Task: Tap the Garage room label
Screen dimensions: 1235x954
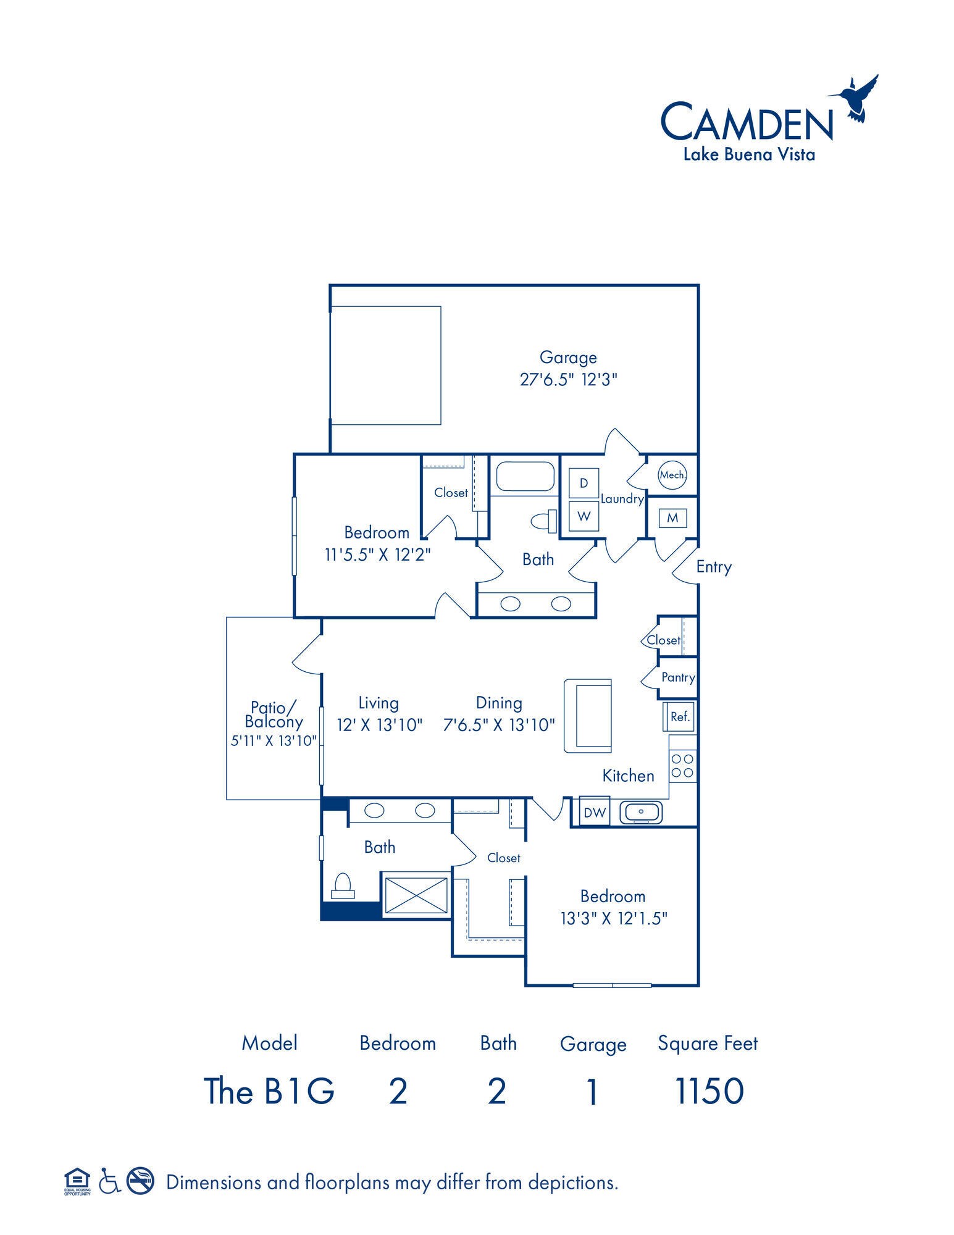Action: pyautogui.click(x=568, y=358)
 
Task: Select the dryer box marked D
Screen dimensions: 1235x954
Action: pyautogui.click(x=584, y=483)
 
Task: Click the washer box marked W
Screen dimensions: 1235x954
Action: pyautogui.click(x=584, y=516)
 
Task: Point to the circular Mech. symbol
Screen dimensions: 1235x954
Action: pyautogui.click(x=672, y=475)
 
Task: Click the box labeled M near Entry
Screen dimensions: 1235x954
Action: pyautogui.click(x=672, y=518)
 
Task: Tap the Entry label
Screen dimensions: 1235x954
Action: pyautogui.click(x=714, y=567)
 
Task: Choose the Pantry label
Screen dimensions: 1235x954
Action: pyautogui.click(x=678, y=677)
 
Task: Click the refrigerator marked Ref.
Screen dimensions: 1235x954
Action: pyautogui.click(x=679, y=717)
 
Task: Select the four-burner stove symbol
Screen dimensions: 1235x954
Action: pyautogui.click(x=682, y=765)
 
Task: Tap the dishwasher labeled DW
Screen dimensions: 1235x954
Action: pyautogui.click(x=595, y=813)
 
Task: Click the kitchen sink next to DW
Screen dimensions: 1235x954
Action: pyautogui.click(x=640, y=813)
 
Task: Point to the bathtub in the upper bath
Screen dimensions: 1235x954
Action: pyautogui.click(x=525, y=477)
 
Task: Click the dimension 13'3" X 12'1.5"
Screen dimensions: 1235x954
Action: pyautogui.click(x=613, y=918)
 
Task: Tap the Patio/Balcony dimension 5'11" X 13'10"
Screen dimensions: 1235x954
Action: pyautogui.click(x=274, y=740)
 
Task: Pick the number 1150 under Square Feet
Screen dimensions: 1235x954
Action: pyautogui.click(x=709, y=1091)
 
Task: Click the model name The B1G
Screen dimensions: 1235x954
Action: pyautogui.click(x=269, y=1091)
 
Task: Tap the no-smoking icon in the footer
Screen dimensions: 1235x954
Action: pyautogui.click(x=140, y=1181)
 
